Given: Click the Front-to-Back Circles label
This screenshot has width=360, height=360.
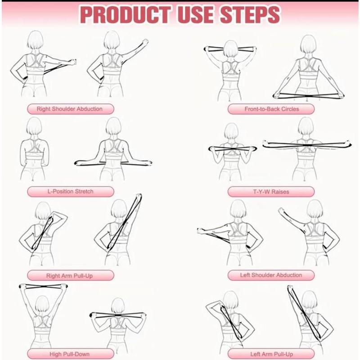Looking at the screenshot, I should [x=271, y=109].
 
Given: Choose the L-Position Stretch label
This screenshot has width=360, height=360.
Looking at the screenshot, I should [x=70, y=191].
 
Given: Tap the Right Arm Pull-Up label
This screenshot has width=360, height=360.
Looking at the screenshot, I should [x=70, y=275].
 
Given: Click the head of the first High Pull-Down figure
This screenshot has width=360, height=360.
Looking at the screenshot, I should [x=41, y=304].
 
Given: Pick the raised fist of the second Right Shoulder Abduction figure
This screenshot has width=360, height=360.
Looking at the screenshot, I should [x=145, y=42].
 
